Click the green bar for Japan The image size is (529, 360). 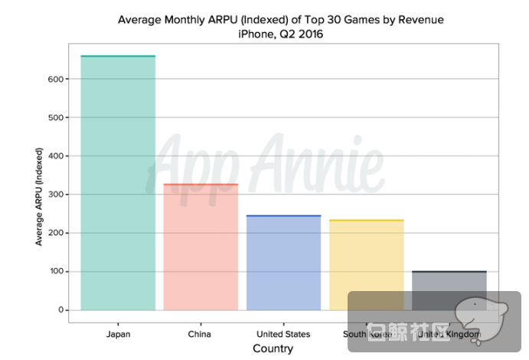click(118, 184)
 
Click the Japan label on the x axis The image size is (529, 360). click(118, 334)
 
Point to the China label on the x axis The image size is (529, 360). click(199, 334)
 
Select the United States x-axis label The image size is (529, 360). click(283, 334)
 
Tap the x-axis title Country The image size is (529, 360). click(273, 349)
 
